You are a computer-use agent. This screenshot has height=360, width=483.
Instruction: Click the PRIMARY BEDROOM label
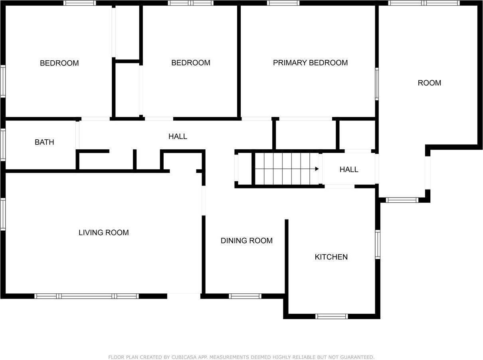310,63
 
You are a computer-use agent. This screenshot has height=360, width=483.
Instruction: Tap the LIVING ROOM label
103,232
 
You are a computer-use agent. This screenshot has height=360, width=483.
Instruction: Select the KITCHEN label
331,257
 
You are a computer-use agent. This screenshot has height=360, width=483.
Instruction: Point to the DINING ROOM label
246,240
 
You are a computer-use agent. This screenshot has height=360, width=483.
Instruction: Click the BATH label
44,142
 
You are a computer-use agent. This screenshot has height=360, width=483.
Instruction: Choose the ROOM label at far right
429,83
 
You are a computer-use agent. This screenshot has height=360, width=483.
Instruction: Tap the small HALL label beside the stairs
348,169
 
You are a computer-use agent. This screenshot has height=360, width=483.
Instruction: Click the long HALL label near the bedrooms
178,136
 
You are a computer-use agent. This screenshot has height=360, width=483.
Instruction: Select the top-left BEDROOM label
59,63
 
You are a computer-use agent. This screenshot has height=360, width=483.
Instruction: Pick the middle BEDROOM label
190,63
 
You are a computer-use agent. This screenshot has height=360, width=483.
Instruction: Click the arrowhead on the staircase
317,169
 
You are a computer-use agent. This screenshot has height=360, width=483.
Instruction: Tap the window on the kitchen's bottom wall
331,316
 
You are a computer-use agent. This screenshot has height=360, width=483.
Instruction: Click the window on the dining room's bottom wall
245,296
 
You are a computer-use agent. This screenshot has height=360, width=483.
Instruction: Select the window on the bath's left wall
3,144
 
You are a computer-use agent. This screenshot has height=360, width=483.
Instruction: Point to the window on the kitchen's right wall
378,244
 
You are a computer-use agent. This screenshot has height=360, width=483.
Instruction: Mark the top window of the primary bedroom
283,3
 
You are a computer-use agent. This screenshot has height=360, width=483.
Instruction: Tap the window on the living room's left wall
3,214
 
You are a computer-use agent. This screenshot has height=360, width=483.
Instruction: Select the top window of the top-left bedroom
80,3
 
